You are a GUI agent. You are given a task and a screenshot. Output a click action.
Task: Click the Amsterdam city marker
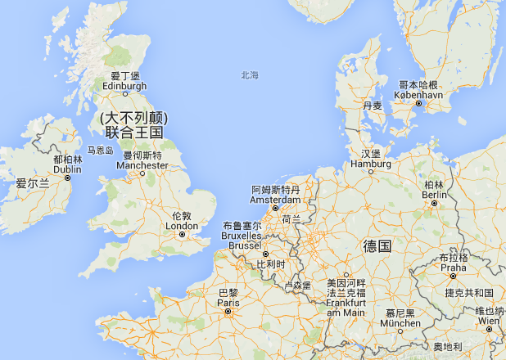click(x=275, y=209)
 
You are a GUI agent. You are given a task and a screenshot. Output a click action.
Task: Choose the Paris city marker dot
click(x=228, y=311)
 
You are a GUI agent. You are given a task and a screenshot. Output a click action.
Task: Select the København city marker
click(x=418, y=104)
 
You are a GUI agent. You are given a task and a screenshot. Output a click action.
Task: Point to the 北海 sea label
click(x=249, y=75)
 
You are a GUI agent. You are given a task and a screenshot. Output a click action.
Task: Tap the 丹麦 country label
click(x=372, y=106)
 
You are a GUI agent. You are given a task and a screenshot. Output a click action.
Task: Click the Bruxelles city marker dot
click(x=265, y=254)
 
